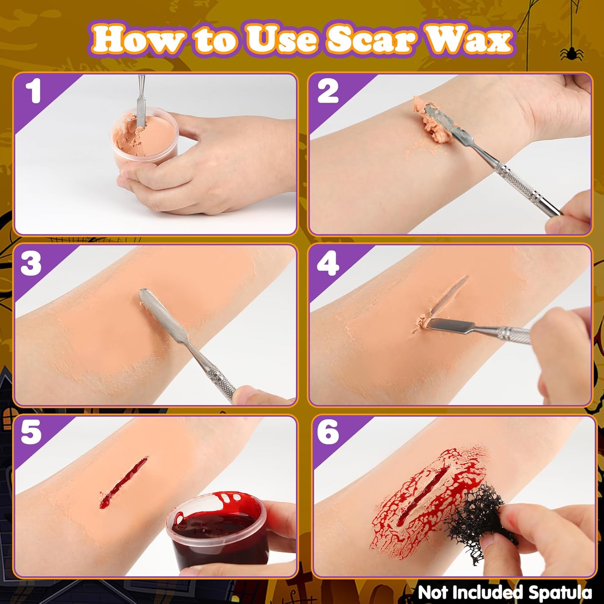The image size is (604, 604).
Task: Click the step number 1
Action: pyautogui.click(x=33, y=92)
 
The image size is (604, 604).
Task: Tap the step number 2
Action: pyautogui.click(x=328, y=92)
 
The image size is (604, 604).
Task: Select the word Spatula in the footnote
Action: pyautogui.click(x=560, y=593)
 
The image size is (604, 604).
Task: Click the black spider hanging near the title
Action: pyautogui.click(x=571, y=53)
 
